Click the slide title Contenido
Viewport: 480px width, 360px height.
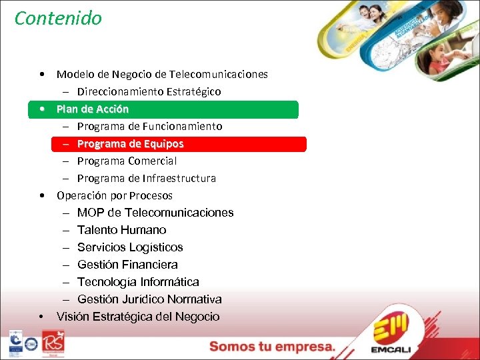point(58,18)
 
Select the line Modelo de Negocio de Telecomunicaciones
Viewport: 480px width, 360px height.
point(162,74)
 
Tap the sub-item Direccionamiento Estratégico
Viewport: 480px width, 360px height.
point(149,91)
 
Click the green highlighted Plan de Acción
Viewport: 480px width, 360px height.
point(93,109)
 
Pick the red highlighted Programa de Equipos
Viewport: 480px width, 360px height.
point(130,143)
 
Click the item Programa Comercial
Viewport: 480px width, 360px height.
point(127,161)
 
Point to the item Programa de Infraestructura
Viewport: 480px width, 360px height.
point(146,178)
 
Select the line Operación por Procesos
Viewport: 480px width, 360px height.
point(115,195)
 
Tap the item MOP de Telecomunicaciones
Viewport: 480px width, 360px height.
point(155,213)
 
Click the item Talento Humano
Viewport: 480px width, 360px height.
point(121,230)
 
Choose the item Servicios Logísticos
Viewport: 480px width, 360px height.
point(130,247)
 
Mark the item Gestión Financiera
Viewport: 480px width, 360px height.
point(127,265)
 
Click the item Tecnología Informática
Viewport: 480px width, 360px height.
point(138,282)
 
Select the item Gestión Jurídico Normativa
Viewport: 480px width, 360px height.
point(149,299)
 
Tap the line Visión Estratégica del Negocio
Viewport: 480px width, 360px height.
point(138,317)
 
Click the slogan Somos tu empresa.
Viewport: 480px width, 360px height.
point(272,346)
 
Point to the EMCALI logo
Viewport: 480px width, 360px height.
point(396,333)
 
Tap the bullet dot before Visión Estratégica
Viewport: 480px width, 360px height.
point(42,317)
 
